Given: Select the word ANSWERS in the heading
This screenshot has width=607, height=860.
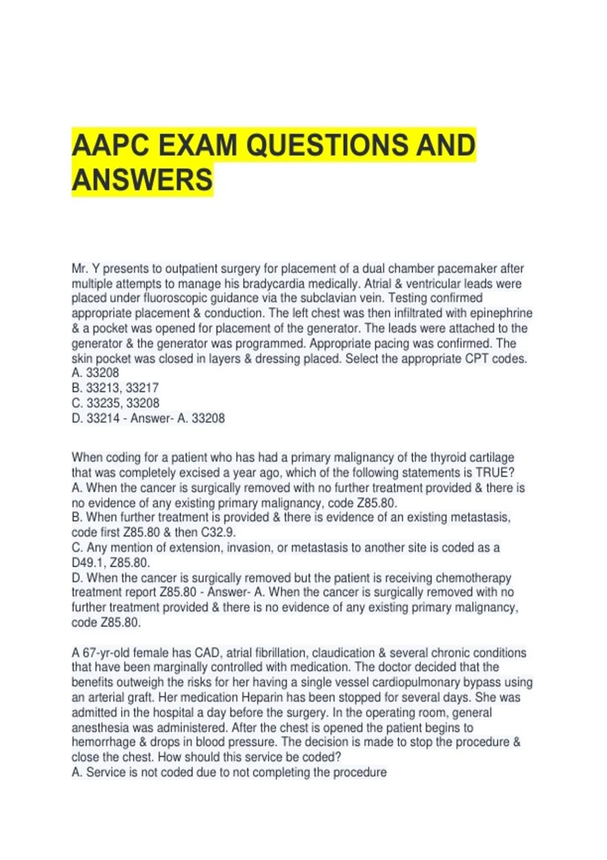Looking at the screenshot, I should coord(142,180).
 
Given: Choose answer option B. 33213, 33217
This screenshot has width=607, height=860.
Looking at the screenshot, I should coord(115,388).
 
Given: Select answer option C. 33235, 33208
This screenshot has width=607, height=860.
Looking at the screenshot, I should coord(115,403).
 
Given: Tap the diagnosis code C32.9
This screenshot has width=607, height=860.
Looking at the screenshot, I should coord(218,532).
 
